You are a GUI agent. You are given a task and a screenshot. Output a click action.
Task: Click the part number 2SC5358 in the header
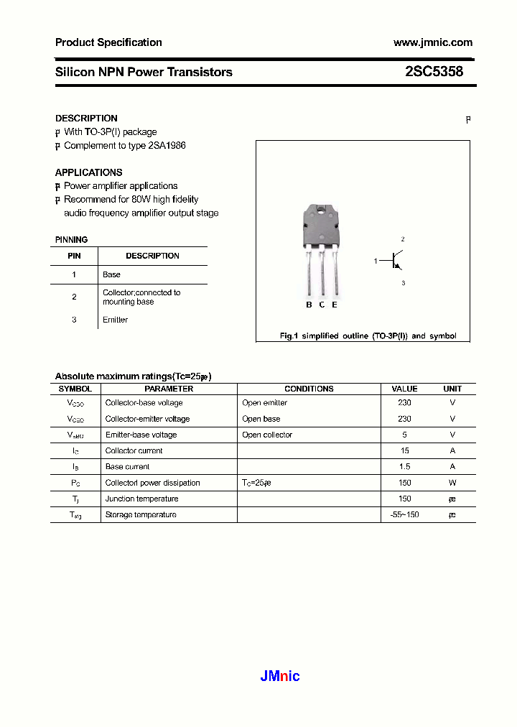(x=434, y=72)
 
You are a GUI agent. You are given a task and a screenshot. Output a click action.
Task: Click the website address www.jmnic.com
(x=432, y=42)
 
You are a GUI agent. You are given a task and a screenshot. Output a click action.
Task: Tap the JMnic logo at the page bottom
(x=279, y=676)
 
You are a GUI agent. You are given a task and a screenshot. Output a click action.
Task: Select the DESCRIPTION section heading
(x=86, y=119)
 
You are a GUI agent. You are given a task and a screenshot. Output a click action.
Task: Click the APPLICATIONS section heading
(x=88, y=172)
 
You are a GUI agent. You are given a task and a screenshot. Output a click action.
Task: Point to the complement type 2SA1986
(x=167, y=146)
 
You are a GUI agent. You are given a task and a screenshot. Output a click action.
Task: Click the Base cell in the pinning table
(x=112, y=274)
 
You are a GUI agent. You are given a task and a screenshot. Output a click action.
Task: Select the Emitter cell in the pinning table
(x=115, y=320)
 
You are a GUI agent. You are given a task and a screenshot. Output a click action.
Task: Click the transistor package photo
(x=322, y=248)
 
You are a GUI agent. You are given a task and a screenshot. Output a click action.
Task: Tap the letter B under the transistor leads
(x=309, y=305)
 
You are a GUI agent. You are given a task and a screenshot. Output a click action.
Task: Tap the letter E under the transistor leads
(x=335, y=305)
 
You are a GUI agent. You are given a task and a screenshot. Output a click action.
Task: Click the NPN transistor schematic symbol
(x=396, y=261)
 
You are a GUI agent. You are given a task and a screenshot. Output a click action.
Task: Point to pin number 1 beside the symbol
(x=375, y=261)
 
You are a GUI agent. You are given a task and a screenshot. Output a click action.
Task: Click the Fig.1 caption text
(x=368, y=336)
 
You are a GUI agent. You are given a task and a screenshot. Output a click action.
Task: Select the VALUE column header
(x=404, y=389)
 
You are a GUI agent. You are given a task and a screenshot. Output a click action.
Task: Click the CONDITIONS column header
(x=309, y=389)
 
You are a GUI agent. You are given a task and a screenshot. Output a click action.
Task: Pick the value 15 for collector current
(x=404, y=451)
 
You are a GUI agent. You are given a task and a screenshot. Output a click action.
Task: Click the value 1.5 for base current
(x=404, y=467)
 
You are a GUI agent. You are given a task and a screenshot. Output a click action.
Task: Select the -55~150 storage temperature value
(x=404, y=515)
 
